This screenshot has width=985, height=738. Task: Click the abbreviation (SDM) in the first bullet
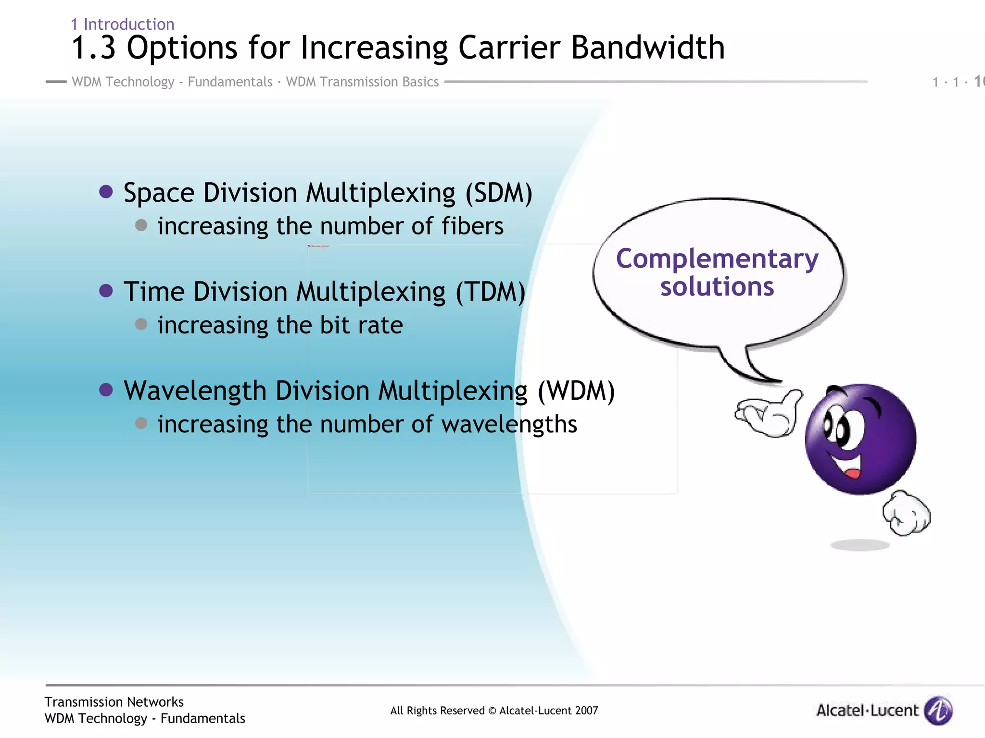tap(499, 193)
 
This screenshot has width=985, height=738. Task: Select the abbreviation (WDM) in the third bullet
tap(576, 391)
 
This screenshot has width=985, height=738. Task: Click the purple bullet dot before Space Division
tap(106, 192)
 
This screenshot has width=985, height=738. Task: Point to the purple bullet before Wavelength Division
tap(106, 390)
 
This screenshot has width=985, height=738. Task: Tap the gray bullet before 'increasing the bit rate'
tap(141, 324)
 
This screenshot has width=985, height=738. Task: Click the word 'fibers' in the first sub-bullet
tap(472, 226)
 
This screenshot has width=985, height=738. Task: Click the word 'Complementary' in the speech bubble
tap(717, 259)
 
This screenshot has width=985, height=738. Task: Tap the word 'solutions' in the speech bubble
tap(717, 287)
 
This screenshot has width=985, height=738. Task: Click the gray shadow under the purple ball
tap(860, 545)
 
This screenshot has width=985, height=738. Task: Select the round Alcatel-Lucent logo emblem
tap(938, 710)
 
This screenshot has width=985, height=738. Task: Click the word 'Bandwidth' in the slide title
tap(647, 48)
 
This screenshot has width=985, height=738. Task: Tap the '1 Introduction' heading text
tap(123, 24)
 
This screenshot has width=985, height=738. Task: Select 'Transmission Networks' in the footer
tap(114, 702)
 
